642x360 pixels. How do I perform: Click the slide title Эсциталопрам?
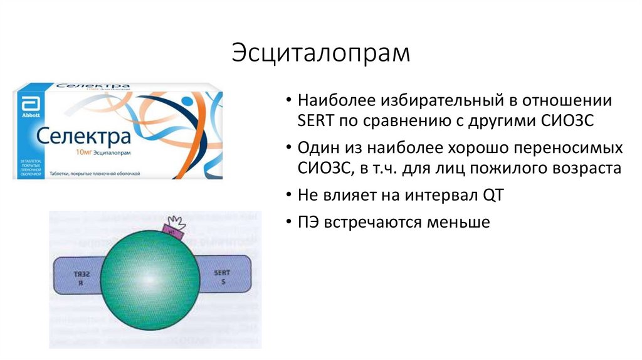[320, 53]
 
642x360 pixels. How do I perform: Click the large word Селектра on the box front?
[83, 135]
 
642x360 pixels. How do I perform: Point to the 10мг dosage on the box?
[85, 152]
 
